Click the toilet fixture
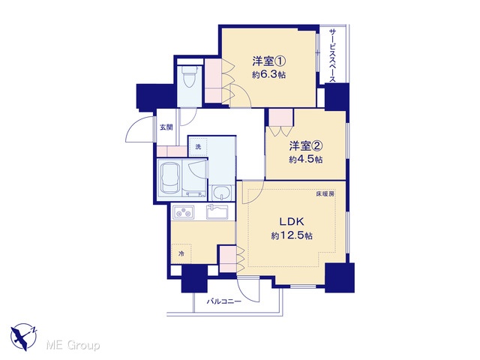(x=189, y=76)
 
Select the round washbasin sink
(x=221, y=193)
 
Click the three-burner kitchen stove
(x=184, y=211)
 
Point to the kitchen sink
(x=217, y=212)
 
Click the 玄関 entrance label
(x=166, y=127)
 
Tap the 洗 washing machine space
(x=198, y=147)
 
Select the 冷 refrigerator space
(x=181, y=253)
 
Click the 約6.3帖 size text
(x=268, y=75)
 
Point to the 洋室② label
(x=306, y=146)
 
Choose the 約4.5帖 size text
(x=306, y=160)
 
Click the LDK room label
(x=291, y=221)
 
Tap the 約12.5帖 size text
(x=292, y=235)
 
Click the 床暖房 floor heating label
(x=325, y=194)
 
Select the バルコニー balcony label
(x=224, y=301)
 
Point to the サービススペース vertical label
(x=332, y=55)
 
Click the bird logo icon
(x=24, y=337)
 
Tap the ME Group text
(x=73, y=346)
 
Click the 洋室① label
(x=269, y=61)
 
